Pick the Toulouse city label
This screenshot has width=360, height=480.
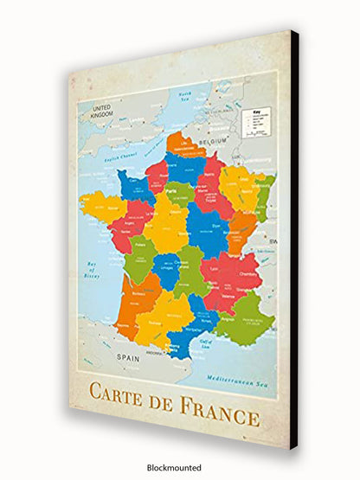(x=157, y=322)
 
